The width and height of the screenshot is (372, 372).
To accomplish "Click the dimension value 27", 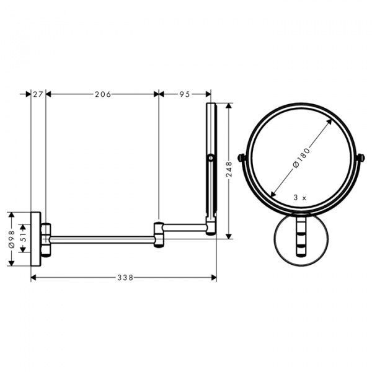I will pos(37,94).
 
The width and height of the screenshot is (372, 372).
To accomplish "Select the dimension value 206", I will pos(102,94).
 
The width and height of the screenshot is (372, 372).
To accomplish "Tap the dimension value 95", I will pos(184,94).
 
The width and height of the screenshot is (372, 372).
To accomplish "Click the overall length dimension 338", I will pos(125,277).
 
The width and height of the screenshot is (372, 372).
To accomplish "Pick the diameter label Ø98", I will pos(11,239).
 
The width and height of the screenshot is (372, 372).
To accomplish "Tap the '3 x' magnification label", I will pos(301,197).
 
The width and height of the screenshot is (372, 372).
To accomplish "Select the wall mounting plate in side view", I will pos(36,239).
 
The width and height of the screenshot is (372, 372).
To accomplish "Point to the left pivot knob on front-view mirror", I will pos(242,158).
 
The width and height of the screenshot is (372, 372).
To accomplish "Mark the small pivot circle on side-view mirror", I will pos(211,159).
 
